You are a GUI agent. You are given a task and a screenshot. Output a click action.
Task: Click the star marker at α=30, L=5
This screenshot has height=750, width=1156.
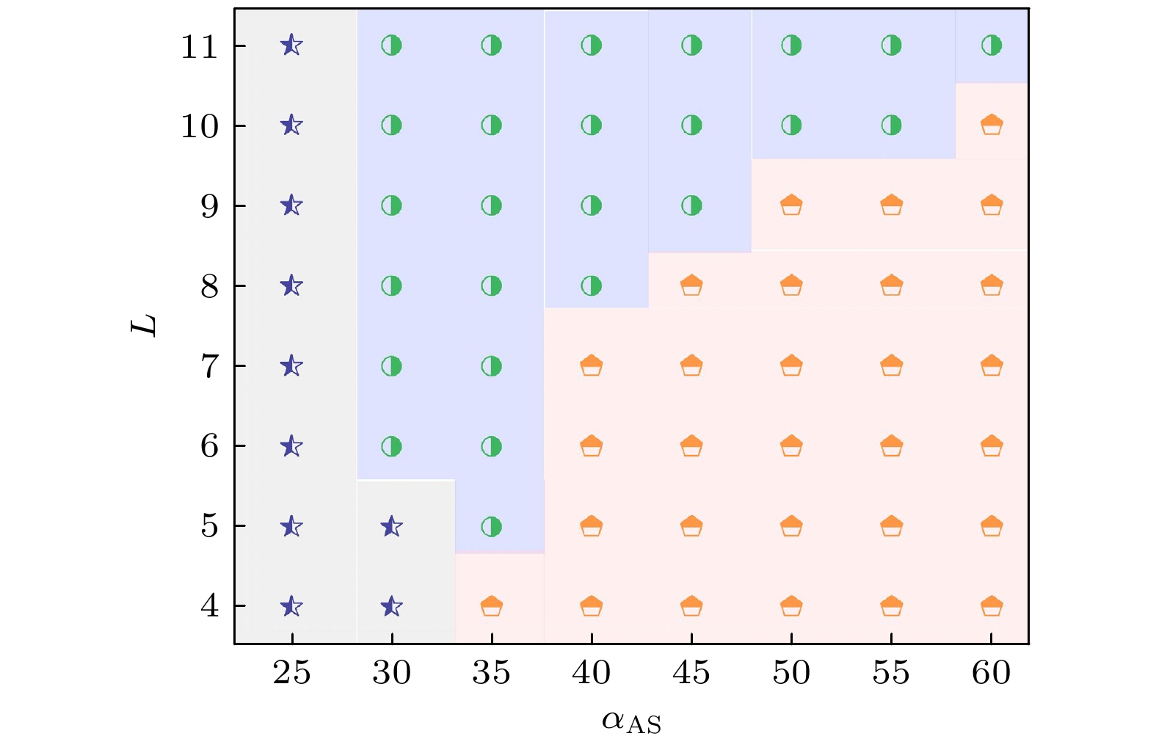pos(392,526)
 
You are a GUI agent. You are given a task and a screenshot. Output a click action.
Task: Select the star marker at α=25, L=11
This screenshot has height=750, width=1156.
pos(291,45)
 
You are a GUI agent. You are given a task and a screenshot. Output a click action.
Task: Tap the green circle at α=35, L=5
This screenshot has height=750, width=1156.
pos(491,526)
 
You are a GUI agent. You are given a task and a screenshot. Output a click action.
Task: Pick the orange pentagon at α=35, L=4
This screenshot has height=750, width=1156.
pos(491,606)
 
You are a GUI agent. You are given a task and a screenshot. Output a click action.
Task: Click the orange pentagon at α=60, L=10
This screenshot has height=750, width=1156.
pos(992,125)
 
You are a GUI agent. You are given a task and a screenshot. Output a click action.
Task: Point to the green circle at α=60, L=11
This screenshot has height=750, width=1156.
pos(992,45)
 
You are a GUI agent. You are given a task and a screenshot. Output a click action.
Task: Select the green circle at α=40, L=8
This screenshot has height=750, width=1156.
pos(592,285)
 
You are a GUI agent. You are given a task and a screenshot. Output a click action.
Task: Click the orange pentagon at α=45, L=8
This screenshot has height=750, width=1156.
pos(691,285)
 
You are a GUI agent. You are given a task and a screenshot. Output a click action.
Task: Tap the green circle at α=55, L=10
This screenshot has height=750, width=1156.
pos(891,125)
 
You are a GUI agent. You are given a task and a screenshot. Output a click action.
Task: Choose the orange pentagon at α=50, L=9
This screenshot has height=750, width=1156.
pos(791,205)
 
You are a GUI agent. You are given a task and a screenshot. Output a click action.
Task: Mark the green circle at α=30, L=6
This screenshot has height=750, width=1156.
pos(392,446)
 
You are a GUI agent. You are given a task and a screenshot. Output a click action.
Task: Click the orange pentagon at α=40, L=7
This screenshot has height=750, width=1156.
pos(592,365)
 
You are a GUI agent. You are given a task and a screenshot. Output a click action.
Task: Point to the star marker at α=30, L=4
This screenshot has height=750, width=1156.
pos(392,606)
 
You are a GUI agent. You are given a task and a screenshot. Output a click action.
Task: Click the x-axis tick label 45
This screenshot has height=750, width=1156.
pos(691,673)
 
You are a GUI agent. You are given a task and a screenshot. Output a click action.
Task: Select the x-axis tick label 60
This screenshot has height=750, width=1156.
pos(992,673)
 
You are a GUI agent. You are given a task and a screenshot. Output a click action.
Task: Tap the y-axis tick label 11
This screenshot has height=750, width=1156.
pos(200,47)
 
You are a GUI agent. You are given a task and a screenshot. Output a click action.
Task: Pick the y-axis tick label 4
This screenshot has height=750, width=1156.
pos(210,607)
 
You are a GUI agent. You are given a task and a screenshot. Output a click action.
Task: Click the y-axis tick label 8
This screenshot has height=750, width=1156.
pos(210,287)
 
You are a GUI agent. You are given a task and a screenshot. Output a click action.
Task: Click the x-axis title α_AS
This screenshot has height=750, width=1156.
pos(631,722)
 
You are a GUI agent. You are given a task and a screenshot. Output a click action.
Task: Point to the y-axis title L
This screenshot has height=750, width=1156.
pos(145,325)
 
